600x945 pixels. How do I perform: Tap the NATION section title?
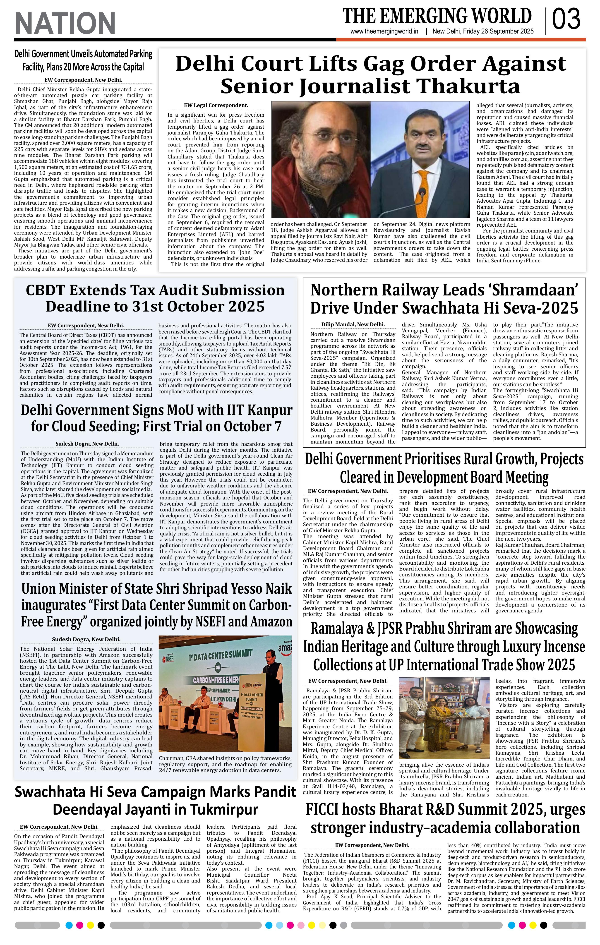tap(65, 23)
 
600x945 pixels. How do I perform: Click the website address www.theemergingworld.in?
tap(384, 32)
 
